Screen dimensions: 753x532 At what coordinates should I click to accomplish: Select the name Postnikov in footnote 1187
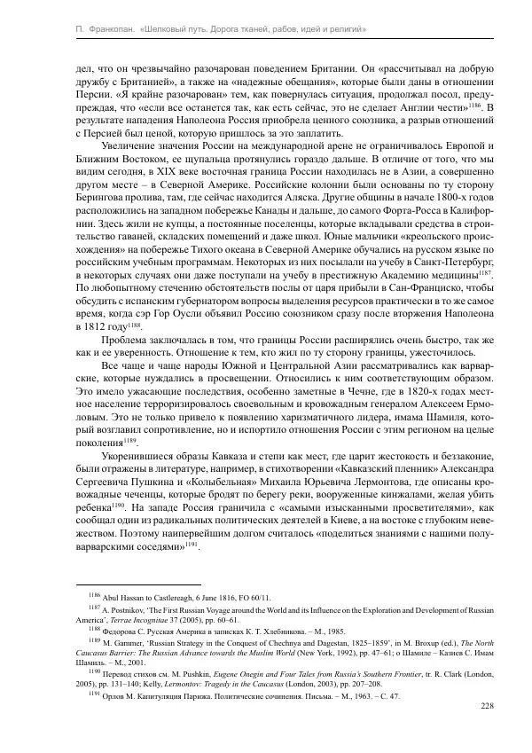pyautogui.click(x=130, y=612)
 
